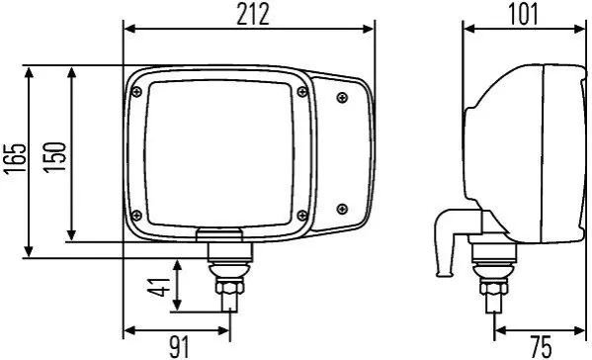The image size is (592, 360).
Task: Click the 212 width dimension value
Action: (253, 15)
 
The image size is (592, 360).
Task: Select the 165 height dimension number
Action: (15, 158)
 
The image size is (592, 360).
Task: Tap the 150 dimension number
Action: (54, 157)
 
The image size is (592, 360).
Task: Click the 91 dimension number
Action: (179, 347)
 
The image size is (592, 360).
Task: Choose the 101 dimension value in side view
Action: (524, 15)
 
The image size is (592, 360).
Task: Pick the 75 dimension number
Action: (541, 347)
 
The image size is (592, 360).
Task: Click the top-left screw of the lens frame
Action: (136, 91)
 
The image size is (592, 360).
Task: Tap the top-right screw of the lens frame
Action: (302, 91)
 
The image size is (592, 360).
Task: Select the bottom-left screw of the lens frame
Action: (136, 216)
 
